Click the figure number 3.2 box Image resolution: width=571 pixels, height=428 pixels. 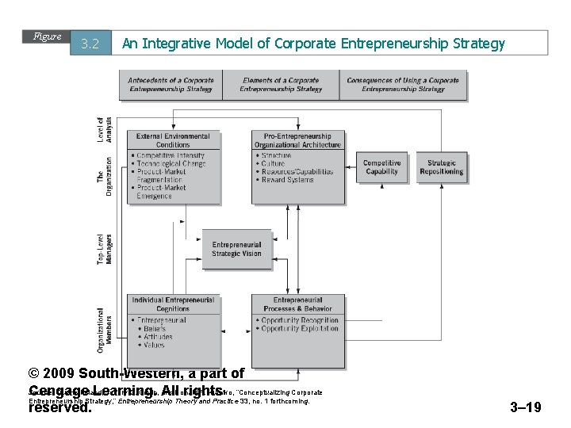click(90, 44)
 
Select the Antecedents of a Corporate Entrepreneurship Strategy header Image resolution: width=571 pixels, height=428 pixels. click(171, 85)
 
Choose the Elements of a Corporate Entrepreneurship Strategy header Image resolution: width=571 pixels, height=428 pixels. click(281, 85)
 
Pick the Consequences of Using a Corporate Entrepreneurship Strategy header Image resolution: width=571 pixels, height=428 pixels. click(403, 85)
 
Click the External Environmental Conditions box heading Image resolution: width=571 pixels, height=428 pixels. click(173, 140)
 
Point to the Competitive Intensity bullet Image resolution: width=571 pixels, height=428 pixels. click(170, 156)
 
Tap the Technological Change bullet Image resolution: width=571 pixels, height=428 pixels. click(171, 164)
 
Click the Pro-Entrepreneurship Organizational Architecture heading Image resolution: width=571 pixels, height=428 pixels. click(298, 140)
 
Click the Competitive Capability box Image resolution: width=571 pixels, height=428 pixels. click(381, 166)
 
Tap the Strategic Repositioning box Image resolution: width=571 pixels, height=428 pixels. click(441, 166)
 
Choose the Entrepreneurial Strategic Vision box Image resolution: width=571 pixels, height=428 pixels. click(236, 249)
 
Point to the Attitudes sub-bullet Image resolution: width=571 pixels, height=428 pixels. click(158, 337)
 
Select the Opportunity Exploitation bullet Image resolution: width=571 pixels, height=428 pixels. click(299, 328)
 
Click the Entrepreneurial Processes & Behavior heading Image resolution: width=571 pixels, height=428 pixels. click(298, 304)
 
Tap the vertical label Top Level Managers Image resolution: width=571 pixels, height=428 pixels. click(105, 249)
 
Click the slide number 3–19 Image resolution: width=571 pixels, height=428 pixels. click(525, 407)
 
